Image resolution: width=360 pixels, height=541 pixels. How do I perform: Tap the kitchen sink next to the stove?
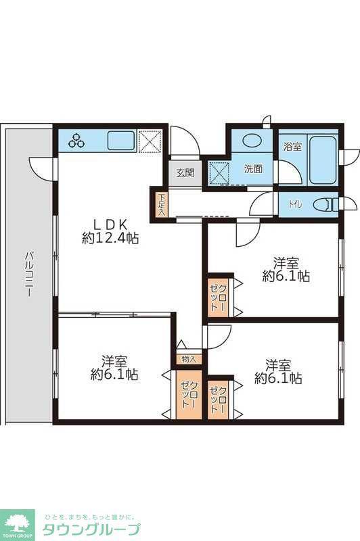[121, 141]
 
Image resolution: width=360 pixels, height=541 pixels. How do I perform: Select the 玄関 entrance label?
[185, 173]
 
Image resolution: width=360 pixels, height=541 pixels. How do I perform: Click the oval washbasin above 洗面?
[252, 141]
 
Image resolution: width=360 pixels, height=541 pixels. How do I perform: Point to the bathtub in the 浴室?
[322, 160]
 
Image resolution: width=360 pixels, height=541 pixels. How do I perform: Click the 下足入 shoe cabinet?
[161, 205]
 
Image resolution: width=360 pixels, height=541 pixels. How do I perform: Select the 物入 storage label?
[188, 360]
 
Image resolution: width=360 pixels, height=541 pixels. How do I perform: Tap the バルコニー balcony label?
[29, 275]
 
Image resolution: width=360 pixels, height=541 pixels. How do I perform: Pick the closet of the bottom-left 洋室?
[189, 395]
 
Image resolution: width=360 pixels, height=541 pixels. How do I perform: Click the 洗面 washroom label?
[253, 169]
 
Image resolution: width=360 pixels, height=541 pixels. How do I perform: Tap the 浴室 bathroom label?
[292, 147]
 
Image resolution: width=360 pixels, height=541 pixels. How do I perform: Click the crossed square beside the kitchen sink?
[150, 141]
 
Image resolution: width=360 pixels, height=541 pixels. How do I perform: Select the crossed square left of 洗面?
[219, 174]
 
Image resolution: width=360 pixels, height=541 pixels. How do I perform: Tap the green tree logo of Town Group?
[18, 523]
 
